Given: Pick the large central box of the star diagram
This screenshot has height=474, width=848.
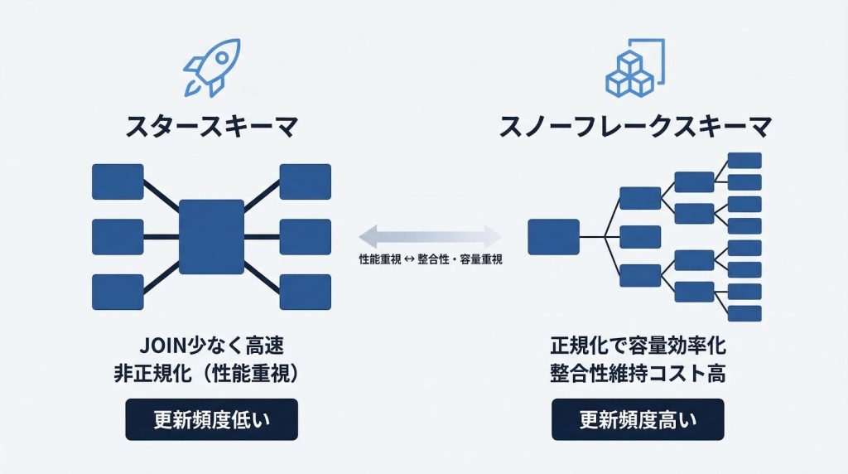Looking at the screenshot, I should [211, 237].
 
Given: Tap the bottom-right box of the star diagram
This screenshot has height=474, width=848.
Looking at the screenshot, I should [305, 292].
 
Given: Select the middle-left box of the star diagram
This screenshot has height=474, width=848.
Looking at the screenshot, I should [118, 237].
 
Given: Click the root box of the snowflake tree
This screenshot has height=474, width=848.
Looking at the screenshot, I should [553, 237].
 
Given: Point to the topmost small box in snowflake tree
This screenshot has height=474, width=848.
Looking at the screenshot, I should [744, 161].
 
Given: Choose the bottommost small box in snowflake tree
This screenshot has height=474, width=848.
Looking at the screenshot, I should [744, 313].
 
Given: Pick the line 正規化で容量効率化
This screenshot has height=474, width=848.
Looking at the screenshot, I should [638, 345].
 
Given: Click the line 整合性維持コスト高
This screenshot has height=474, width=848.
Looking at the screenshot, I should [638, 373].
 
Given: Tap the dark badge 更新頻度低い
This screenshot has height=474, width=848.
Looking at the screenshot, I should [211, 420].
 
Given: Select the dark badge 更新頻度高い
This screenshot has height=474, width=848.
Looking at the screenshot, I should [638, 420].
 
